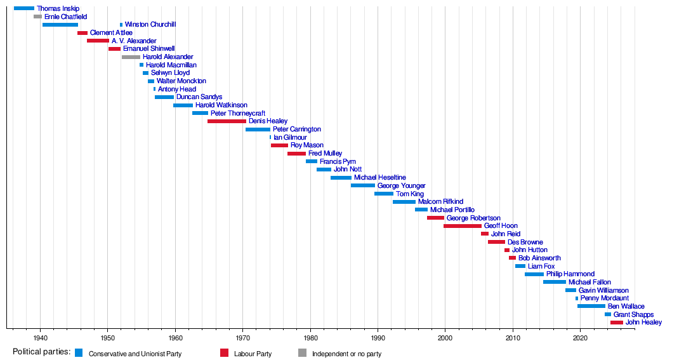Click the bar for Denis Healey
[227, 121]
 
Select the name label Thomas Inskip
[58, 8]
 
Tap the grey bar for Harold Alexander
[131, 57]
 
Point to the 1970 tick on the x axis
[242, 329]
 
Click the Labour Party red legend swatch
[224, 353]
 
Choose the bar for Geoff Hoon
[462, 225]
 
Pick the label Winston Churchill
[150, 24]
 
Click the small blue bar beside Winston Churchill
[121, 25]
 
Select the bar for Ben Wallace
[591, 306]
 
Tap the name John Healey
[643, 323]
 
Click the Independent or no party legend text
[346, 354]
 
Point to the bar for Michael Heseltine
[341, 177]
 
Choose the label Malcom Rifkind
[440, 201]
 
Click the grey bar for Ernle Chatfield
[37, 17]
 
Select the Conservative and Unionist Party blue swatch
[79, 353]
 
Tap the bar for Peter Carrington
[258, 129]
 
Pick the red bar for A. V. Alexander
[98, 41]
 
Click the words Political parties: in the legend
[41, 352]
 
